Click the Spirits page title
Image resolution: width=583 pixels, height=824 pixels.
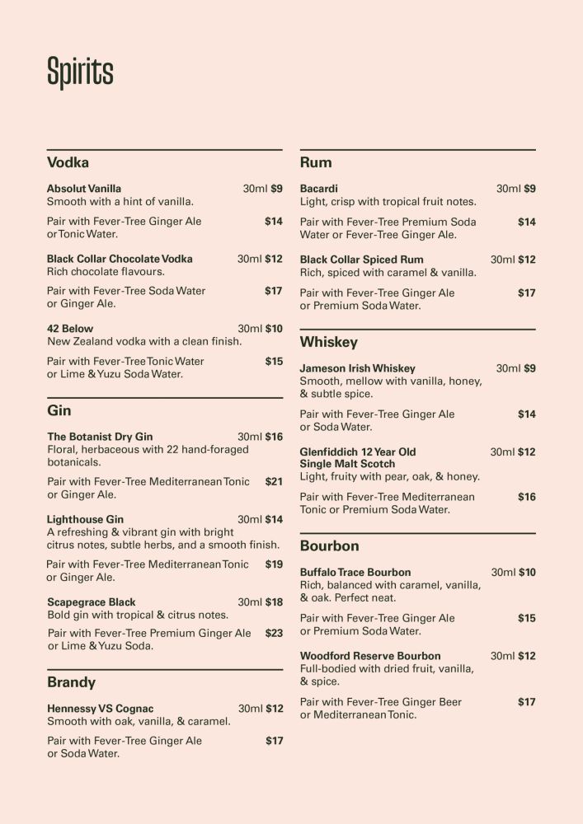[x=80, y=73]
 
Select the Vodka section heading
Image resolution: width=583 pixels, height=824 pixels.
[x=68, y=162]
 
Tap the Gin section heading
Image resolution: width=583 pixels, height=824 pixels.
[x=59, y=410]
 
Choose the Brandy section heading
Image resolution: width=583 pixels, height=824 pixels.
[x=71, y=682]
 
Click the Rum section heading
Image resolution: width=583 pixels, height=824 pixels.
[x=316, y=162]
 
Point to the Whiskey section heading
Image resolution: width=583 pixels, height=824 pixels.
[x=328, y=342]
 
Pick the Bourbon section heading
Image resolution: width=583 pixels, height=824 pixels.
[x=329, y=545]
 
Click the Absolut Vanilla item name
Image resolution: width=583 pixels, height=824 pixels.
[x=84, y=189]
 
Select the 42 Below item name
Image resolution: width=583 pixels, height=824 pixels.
[x=70, y=329]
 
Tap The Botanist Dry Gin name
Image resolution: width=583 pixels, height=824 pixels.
[x=100, y=437]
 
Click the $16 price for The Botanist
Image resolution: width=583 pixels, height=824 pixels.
[x=274, y=437]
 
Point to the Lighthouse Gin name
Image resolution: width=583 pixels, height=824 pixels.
[x=85, y=520]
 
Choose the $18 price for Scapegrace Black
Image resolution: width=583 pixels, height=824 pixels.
[x=274, y=602]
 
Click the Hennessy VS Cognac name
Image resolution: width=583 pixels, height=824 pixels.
[x=100, y=709]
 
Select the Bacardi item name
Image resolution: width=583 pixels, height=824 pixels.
[x=318, y=189]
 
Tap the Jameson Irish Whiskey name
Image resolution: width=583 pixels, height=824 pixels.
[x=357, y=368]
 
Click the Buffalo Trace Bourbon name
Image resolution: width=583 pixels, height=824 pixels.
[x=355, y=572]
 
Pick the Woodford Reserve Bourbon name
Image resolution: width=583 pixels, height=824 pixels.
[x=370, y=656]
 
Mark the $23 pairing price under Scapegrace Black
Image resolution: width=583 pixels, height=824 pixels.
[x=274, y=634]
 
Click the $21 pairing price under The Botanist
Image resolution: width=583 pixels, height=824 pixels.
[x=274, y=481]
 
